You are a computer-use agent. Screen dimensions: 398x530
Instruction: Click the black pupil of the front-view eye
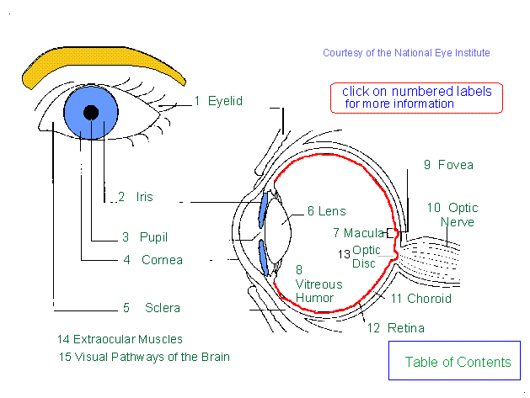coord(91,113)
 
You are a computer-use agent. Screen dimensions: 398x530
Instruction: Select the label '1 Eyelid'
coord(218,101)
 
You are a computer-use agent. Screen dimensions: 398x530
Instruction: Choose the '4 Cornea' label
coord(153,260)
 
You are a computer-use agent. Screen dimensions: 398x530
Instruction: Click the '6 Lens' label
coord(326,211)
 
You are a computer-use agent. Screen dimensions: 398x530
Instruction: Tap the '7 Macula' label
coord(358,232)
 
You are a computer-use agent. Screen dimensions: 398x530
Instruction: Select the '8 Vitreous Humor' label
coord(314,284)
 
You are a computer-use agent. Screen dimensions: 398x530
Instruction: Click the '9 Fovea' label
coord(448,166)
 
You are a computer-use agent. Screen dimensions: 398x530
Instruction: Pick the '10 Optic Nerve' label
coord(452,215)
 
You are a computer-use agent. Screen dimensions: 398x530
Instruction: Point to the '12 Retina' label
coord(396,328)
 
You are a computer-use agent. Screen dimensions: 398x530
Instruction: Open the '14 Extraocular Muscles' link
coord(120,340)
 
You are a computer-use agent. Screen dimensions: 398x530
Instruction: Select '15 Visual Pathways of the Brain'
coord(143,357)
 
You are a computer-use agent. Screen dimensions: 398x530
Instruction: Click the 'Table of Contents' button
coord(458,363)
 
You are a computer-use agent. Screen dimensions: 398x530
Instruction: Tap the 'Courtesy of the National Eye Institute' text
coord(406,53)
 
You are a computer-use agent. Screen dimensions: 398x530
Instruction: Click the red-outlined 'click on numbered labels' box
coord(416,97)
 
